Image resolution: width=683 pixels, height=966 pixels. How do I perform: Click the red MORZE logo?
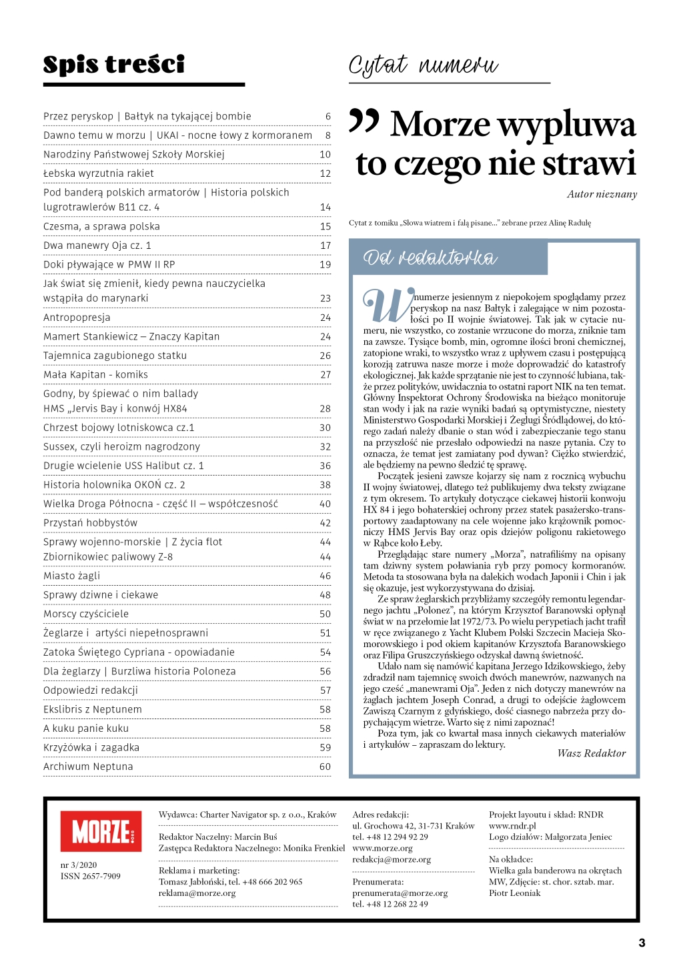pyautogui.click(x=101, y=831)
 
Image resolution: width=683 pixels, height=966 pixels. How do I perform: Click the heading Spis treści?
pyautogui.click(x=114, y=65)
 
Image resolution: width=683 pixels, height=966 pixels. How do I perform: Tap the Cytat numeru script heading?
pyautogui.click(x=423, y=66)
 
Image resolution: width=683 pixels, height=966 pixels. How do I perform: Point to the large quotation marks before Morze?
pyautogui.click(x=364, y=121)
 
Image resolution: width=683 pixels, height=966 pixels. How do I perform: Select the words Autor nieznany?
pyautogui.click(x=602, y=195)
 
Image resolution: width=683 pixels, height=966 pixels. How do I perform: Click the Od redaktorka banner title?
pyautogui.click(x=430, y=258)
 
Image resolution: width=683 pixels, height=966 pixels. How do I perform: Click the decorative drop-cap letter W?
pyautogui.click(x=386, y=306)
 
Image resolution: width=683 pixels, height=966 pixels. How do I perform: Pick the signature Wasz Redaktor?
pyautogui.click(x=592, y=753)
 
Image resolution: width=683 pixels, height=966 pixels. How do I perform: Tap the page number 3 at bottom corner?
pyautogui.click(x=642, y=943)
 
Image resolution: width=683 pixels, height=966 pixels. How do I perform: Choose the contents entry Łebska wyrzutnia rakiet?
pyautogui.click(x=99, y=173)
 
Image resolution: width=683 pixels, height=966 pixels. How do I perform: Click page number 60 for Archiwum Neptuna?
pyautogui.click(x=325, y=767)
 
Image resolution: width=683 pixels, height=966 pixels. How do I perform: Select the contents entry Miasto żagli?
pyautogui.click(x=72, y=576)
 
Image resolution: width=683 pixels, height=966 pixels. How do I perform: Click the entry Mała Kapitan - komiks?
pyautogui.click(x=95, y=375)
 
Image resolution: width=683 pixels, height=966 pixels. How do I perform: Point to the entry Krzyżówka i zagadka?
pyautogui.click(x=91, y=747)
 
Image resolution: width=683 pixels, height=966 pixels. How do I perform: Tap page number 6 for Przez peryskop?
pyautogui.click(x=327, y=116)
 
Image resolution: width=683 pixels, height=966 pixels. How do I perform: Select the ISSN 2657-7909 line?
pyautogui.click(x=91, y=876)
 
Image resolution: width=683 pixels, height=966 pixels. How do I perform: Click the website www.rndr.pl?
pyautogui.click(x=512, y=826)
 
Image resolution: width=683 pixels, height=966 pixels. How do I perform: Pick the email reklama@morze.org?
pyautogui.click(x=197, y=893)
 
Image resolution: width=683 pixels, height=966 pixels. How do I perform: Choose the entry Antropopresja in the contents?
pyautogui.click(x=77, y=318)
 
